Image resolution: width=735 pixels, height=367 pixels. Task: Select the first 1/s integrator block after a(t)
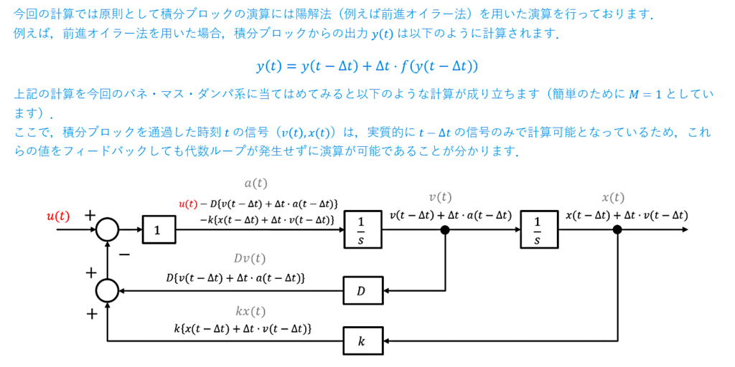(362, 230)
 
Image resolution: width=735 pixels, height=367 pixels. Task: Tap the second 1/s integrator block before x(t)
(538, 230)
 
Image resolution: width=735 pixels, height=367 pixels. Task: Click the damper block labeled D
(362, 291)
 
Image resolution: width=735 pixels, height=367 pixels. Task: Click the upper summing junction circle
(108, 230)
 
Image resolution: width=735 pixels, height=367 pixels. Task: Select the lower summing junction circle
(108, 291)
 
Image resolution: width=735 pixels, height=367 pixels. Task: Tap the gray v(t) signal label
(441, 197)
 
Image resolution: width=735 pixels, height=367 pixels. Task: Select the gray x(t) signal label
(613, 197)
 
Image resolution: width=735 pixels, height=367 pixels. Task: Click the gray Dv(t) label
(250, 258)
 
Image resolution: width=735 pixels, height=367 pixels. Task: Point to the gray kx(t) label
(250, 311)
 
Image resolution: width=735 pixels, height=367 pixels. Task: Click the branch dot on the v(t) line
(445, 230)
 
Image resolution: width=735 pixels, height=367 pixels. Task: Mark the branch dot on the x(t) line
(617, 230)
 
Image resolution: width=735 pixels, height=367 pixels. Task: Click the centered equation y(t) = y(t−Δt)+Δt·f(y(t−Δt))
(367, 67)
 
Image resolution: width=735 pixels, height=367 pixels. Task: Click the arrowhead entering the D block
(388, 291)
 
